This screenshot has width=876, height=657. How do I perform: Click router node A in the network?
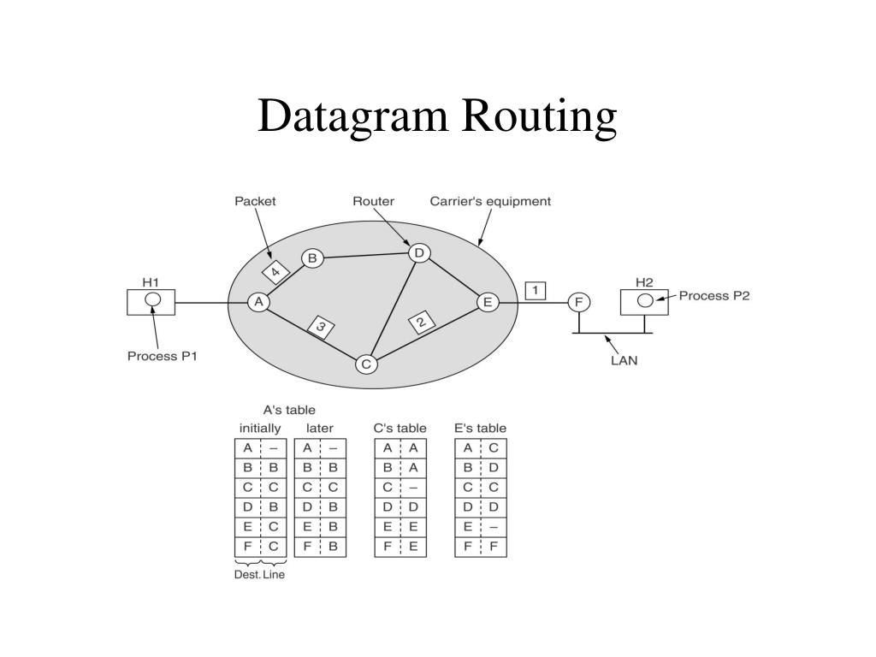(x=258, y=302)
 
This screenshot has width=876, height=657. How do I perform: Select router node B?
(x=311, y=257)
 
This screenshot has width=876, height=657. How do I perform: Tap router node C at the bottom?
(x=366, y=364)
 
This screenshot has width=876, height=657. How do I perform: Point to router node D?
(x=418, y=253)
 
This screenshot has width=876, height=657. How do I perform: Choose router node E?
(x=488, y=302)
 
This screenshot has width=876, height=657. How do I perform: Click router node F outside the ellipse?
(x=579, y=302)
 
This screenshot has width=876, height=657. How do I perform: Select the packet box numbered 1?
(x=536, y=291)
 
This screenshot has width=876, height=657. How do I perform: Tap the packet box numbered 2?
(x=422, y=323)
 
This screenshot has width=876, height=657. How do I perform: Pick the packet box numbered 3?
(x=321, y=327)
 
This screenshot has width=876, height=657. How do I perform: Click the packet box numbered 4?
(x=275, y=273)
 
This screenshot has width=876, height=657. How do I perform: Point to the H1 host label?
(x=151, y=281)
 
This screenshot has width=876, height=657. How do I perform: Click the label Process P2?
(x=714, y=296)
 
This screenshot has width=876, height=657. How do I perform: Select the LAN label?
(x=624, y=360)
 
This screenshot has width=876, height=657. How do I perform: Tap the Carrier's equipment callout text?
(x=490, y=202)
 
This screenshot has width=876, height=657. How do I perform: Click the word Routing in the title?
(x=540, y=116)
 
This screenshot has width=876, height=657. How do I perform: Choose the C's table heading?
(x=400, y=428)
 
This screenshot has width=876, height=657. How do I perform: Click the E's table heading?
(x=480, y=428)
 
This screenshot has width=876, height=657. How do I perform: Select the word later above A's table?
(x=320, y=428)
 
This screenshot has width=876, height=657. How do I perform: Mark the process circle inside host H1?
(x=152, y=299)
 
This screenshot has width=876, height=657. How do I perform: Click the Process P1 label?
(x=163, y=356)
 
